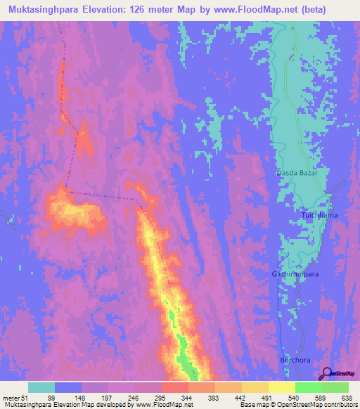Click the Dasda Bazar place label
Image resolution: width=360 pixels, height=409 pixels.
pyautogui.click(x=296, y=172)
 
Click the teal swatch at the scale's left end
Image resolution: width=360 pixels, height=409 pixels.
pyautogui.click(x=41, y=387)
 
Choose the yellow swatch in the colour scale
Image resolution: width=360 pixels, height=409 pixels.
pyautogui.click(x=281, y=387)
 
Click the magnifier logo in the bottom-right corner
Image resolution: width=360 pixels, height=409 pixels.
pyautogui.click(x=328, y=374)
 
